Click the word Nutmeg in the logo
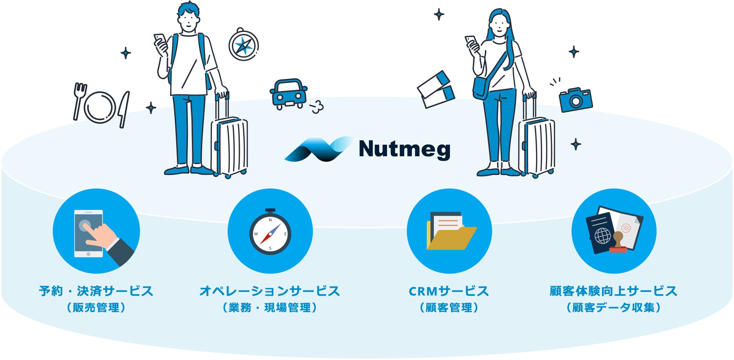405,149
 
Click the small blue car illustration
288,94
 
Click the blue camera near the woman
575,100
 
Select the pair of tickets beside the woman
436,90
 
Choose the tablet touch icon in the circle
96,231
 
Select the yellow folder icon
450,231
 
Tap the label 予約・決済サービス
96,291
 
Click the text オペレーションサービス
270,291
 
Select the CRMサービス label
449,291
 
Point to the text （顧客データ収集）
614,308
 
